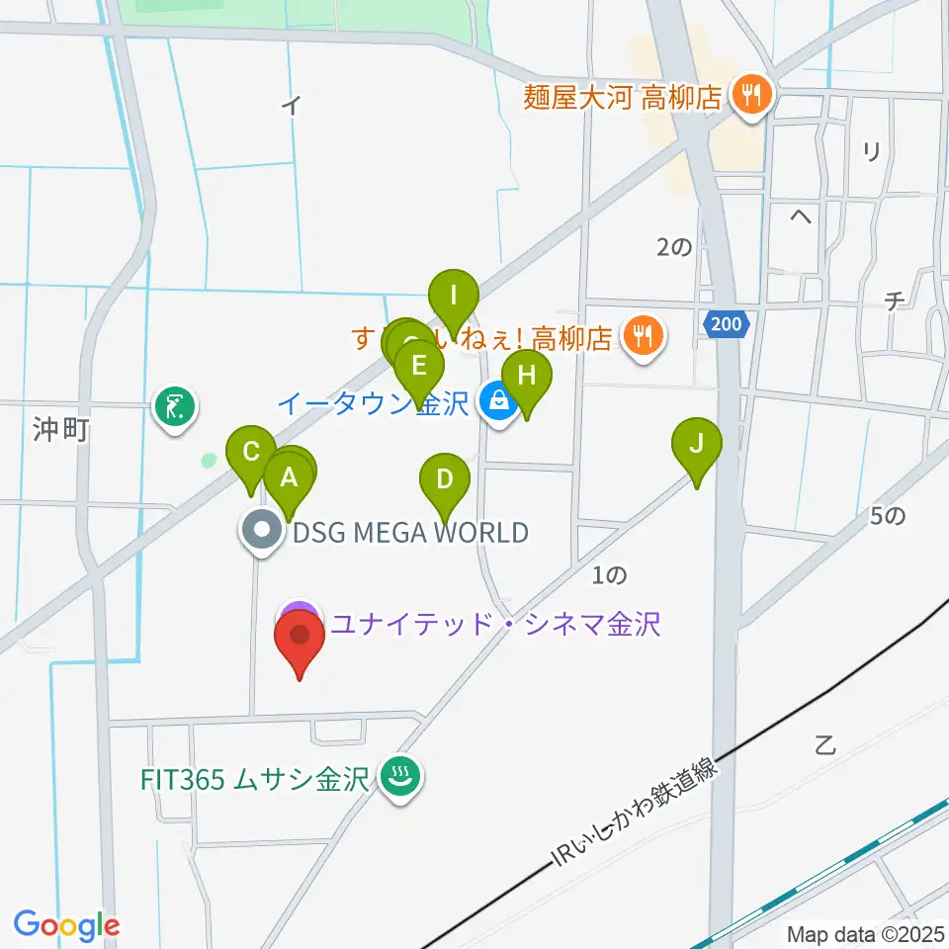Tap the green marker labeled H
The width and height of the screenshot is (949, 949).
click(526, 377)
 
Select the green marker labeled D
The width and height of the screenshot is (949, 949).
click(445, 480)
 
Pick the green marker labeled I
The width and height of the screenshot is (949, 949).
click(454, 296)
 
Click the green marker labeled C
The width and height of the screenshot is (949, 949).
click(251, 453)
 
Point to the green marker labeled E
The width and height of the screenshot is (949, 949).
click(418, 367)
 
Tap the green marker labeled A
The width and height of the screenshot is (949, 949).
click(289, 478)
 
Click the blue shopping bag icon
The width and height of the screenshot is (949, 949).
click(497, 401)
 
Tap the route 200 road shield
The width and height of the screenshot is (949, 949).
click(730, 323)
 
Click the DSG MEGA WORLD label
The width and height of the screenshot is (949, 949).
click(410, 534)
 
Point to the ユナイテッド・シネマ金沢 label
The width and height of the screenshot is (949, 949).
click(494, 624)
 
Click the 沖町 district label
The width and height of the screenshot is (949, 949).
click(61, 431)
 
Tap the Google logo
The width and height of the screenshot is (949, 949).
click(66, 926)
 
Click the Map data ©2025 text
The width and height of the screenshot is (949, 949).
click(865, 934)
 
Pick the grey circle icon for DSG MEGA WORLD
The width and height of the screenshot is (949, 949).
click(262, 532)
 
